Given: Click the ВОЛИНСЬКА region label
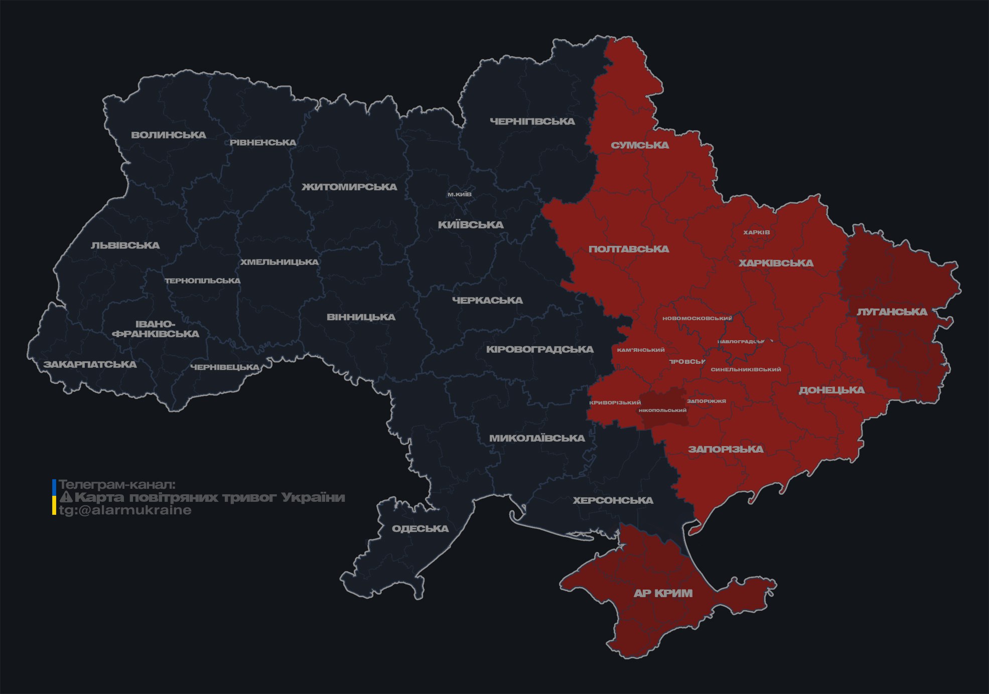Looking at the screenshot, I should tap(169, 135).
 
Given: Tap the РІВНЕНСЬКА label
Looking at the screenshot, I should tap(263, 143).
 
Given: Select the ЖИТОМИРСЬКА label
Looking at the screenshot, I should tap(349, 187).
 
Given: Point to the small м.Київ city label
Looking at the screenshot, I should tap(459, 194).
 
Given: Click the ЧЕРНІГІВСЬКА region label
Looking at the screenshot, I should tap(532, 121).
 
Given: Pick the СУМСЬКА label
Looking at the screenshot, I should tap(640, 146).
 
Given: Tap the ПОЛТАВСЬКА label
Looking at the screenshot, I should tap(629, 249).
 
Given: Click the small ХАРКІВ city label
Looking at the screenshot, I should tap(756, 232).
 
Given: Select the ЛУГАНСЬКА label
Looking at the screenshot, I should tap(892, 312).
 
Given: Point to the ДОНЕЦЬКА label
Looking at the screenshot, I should tap(831, 390).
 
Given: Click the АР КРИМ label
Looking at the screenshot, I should tap(663, 593).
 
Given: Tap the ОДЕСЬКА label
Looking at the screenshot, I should tap(420, 529).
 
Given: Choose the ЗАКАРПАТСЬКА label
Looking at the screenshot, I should tap(90, 364).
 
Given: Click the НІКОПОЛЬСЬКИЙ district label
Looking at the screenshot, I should tap(662, 410).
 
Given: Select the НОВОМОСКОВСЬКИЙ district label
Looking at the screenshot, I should tap(697, 318).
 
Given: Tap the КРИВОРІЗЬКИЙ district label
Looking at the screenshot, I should tap(615, 402).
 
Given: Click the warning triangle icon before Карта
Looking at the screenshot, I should tap(66, 497).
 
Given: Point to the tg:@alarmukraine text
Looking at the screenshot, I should tap(125, 510).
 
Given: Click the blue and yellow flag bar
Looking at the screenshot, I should tap(54, 497).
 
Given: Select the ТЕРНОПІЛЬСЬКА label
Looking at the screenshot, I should tap(203, 281).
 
